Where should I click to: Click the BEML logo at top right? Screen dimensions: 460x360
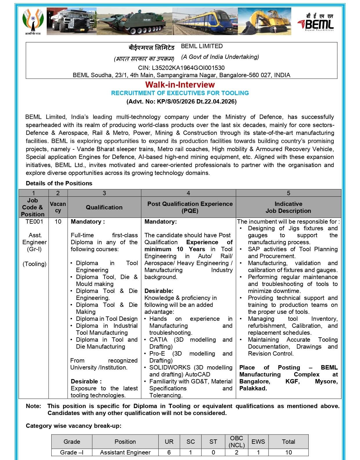point(315,22)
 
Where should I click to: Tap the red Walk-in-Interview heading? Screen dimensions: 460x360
point(180,85)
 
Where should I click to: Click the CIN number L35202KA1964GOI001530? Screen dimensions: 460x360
point(181,68)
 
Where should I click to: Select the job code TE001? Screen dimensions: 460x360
point(34,222)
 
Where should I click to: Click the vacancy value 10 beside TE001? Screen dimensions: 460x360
point(58,222)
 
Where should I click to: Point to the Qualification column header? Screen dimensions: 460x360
point(104,207)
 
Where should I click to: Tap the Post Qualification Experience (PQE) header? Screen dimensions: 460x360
point(190,207)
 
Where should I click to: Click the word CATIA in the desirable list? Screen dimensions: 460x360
point(158,340)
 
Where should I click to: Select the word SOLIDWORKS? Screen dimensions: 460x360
point(170,367)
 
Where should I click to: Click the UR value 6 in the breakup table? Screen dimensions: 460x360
point(169,452)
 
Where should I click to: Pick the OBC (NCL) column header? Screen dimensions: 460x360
point(236,441)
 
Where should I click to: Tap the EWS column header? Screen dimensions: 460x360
point(258,441)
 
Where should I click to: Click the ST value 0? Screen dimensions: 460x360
point(213,452)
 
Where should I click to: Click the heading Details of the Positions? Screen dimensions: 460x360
point(59,183)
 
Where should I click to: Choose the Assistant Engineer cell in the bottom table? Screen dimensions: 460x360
point(125,452)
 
